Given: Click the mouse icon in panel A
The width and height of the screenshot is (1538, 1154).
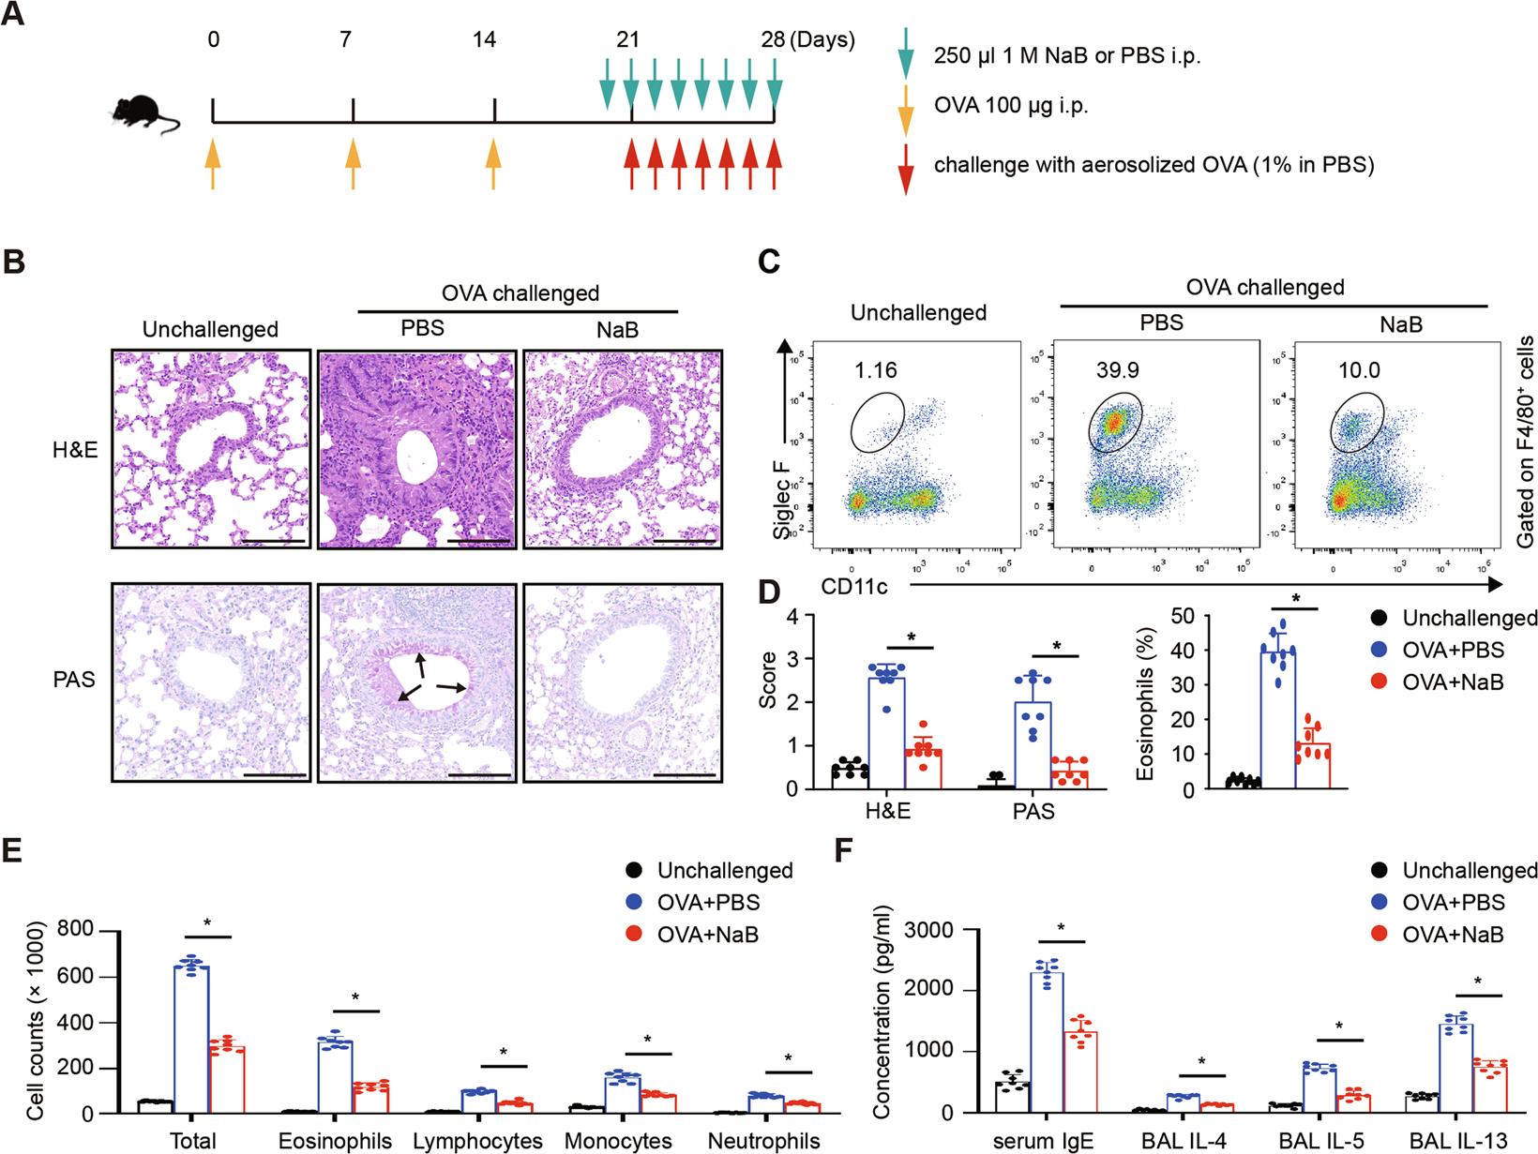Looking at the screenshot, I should click(143, 113).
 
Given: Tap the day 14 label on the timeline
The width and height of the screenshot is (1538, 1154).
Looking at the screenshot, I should click(484, 40).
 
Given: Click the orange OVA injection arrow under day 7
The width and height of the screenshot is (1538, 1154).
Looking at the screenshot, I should click(353, 164).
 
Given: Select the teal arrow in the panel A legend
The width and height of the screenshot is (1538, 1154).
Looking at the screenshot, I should click(905, 53).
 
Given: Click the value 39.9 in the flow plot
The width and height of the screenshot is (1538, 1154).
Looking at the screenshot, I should click(1117, 370).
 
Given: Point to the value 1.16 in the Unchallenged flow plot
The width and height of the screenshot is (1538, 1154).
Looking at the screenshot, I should click(876, 370).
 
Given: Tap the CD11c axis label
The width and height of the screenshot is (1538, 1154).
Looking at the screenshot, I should click(854, 587).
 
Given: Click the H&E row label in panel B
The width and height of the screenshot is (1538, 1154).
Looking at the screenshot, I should click(75, 450).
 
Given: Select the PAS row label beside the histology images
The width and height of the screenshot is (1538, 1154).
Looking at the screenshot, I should click(74, 680).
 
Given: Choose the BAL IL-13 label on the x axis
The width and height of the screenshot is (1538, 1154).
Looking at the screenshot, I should click(1457, 1141).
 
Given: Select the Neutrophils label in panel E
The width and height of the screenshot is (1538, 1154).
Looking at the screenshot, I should click(763, 1141).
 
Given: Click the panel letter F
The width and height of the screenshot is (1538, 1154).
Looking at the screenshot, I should click(844, 850).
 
